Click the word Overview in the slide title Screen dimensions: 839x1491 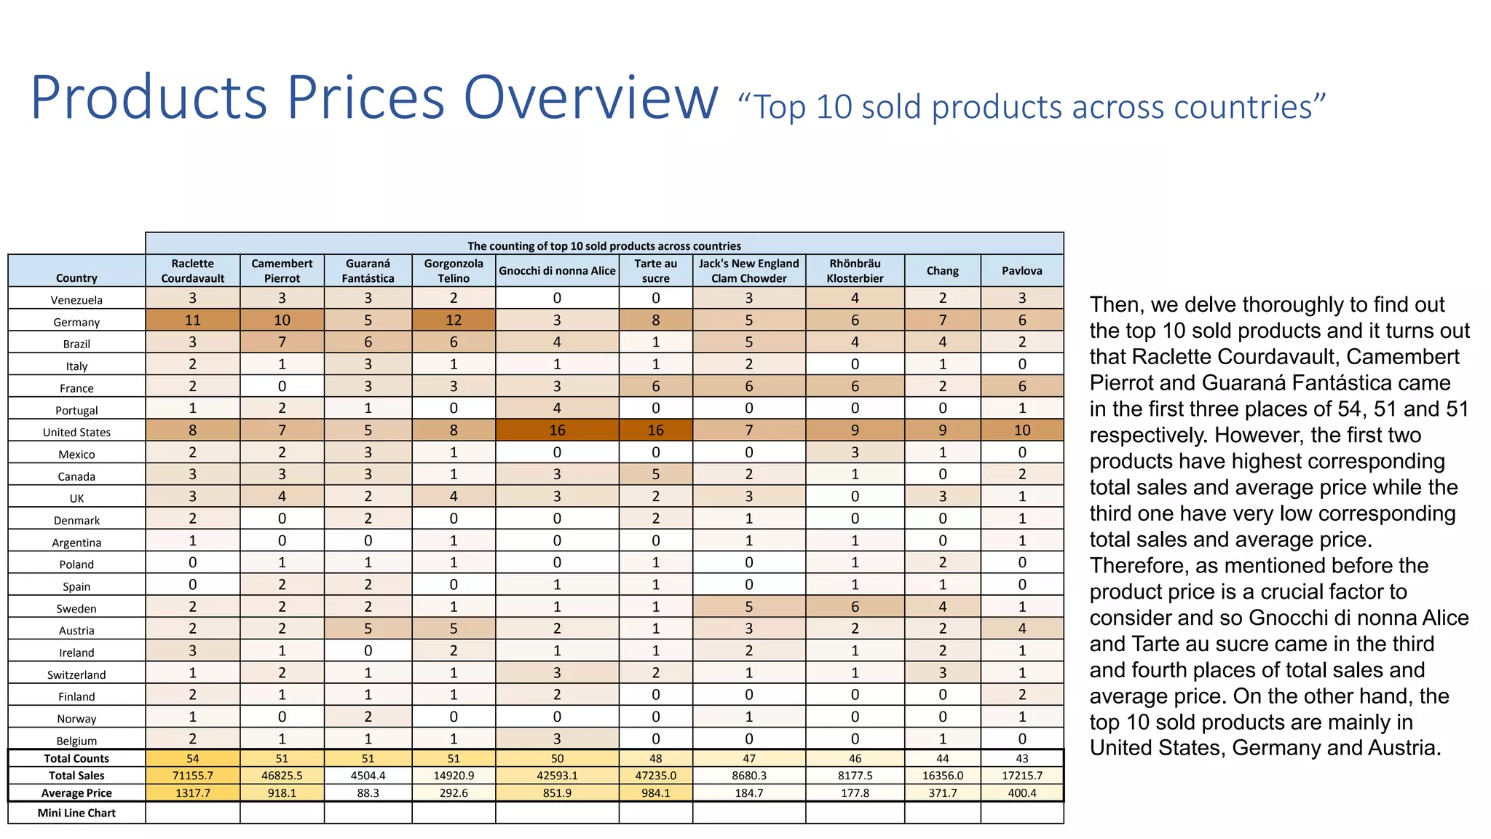click(x=590, y=98)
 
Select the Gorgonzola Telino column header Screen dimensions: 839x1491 click(x=454, y=271)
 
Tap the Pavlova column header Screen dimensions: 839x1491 click(x=1021, y=271)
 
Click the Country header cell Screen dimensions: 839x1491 click(x=76, y=277)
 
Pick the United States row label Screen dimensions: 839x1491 click(x=76, y=432)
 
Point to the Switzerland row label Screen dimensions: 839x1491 click(x=76, y=674)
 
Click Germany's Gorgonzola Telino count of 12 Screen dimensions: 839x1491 click(x=454, y=320)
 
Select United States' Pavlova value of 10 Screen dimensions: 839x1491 click(x=1021, y=430)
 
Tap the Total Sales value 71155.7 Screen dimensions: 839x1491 click(x=192, y=776)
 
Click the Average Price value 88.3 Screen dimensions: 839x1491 click(x=368, y=793)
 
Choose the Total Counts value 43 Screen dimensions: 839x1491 click(x=1021, y=758)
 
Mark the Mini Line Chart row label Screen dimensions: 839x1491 click(x=76, y=813)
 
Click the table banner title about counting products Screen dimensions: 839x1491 click(x=604, y=245)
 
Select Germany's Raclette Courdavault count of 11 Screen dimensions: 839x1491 click(x=192, y=320)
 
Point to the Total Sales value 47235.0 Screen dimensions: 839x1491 click(x=655, y=776)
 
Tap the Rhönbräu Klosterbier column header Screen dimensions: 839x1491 click(x=855, y=271)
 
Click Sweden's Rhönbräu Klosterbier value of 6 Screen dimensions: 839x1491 click(x=855, y=607)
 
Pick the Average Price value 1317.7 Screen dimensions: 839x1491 click(x=192, y=793)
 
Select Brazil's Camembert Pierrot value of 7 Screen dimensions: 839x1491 click(x=282, y=342)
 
